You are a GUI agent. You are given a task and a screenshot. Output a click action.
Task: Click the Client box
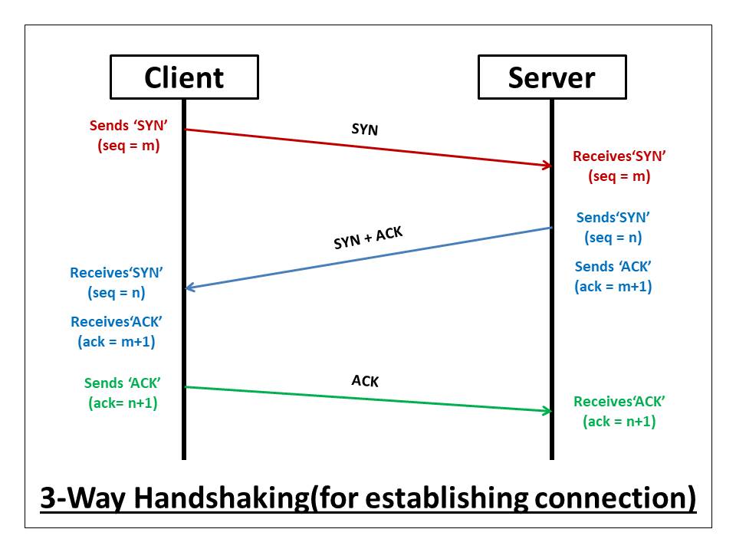[x=184, y=77]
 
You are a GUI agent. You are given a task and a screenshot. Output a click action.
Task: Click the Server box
[x=551, y=77]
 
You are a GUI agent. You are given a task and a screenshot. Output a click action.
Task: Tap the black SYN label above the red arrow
[x=365, y=130]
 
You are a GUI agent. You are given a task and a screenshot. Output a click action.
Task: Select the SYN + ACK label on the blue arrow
[x=368, y=238]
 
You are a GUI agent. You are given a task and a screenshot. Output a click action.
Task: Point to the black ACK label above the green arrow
[x=365, y=381]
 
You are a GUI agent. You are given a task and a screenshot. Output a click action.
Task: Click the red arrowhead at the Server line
[x=547, y=165]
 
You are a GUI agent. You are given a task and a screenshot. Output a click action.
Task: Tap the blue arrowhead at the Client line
[x=190, y=288]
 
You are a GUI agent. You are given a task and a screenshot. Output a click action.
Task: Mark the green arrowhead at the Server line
[x=547, y=411]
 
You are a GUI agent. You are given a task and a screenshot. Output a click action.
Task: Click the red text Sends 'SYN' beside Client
[x=123, y=126]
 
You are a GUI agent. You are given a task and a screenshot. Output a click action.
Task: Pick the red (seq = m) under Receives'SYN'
[x=619, y=176]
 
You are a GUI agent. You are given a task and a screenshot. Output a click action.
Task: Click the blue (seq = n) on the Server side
[x=613, y=237]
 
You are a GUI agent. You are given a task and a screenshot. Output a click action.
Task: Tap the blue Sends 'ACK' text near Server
[x=613, y=267]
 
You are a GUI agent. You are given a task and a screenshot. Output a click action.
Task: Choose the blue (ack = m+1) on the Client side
[x=117, y=342]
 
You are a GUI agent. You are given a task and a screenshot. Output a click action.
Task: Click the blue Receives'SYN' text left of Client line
[x=117, y=272]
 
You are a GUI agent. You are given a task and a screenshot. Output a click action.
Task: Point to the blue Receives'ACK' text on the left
[x=117, y=322]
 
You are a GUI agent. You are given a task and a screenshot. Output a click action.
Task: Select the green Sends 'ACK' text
[x=123, y=383]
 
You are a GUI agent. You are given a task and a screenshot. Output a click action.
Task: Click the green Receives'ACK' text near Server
[x=619, y=401]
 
